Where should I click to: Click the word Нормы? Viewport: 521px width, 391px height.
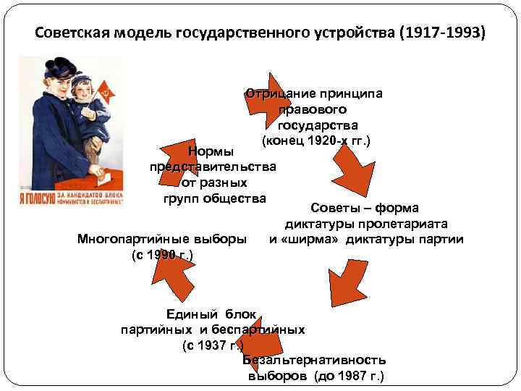pos(211,151)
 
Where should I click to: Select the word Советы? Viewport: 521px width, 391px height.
pos(335,209)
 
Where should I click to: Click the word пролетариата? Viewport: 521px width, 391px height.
pos(412,224)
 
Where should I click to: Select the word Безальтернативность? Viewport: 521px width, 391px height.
pos(314,360)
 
